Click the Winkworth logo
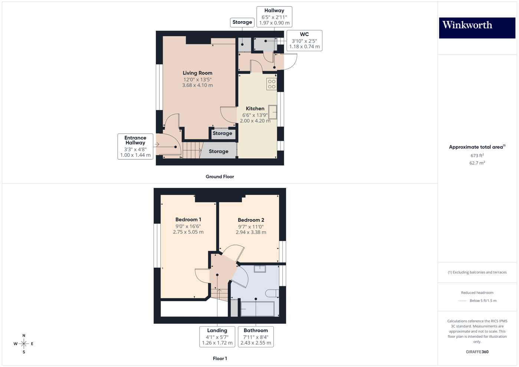pos(477,27)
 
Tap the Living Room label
pos(197,73)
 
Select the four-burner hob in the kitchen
pos(272,84)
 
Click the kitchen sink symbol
pos(273,112)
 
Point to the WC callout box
pos(304,40)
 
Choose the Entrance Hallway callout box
pos(135,146)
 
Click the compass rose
pos(24,344)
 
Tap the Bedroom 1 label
pos(188,219)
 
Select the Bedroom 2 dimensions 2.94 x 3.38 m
pos(251,232)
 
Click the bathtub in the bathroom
pos(257,309)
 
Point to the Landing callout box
pos(217,337)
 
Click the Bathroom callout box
pos(256,337)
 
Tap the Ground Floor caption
pos(220,177)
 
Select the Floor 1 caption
pos(220,358)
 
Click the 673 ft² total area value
pos(477,156)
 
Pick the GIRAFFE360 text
pos(477,352)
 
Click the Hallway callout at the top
pos(274,17)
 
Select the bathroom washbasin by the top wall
pos(260,269)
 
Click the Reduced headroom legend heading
pos(477,292)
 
